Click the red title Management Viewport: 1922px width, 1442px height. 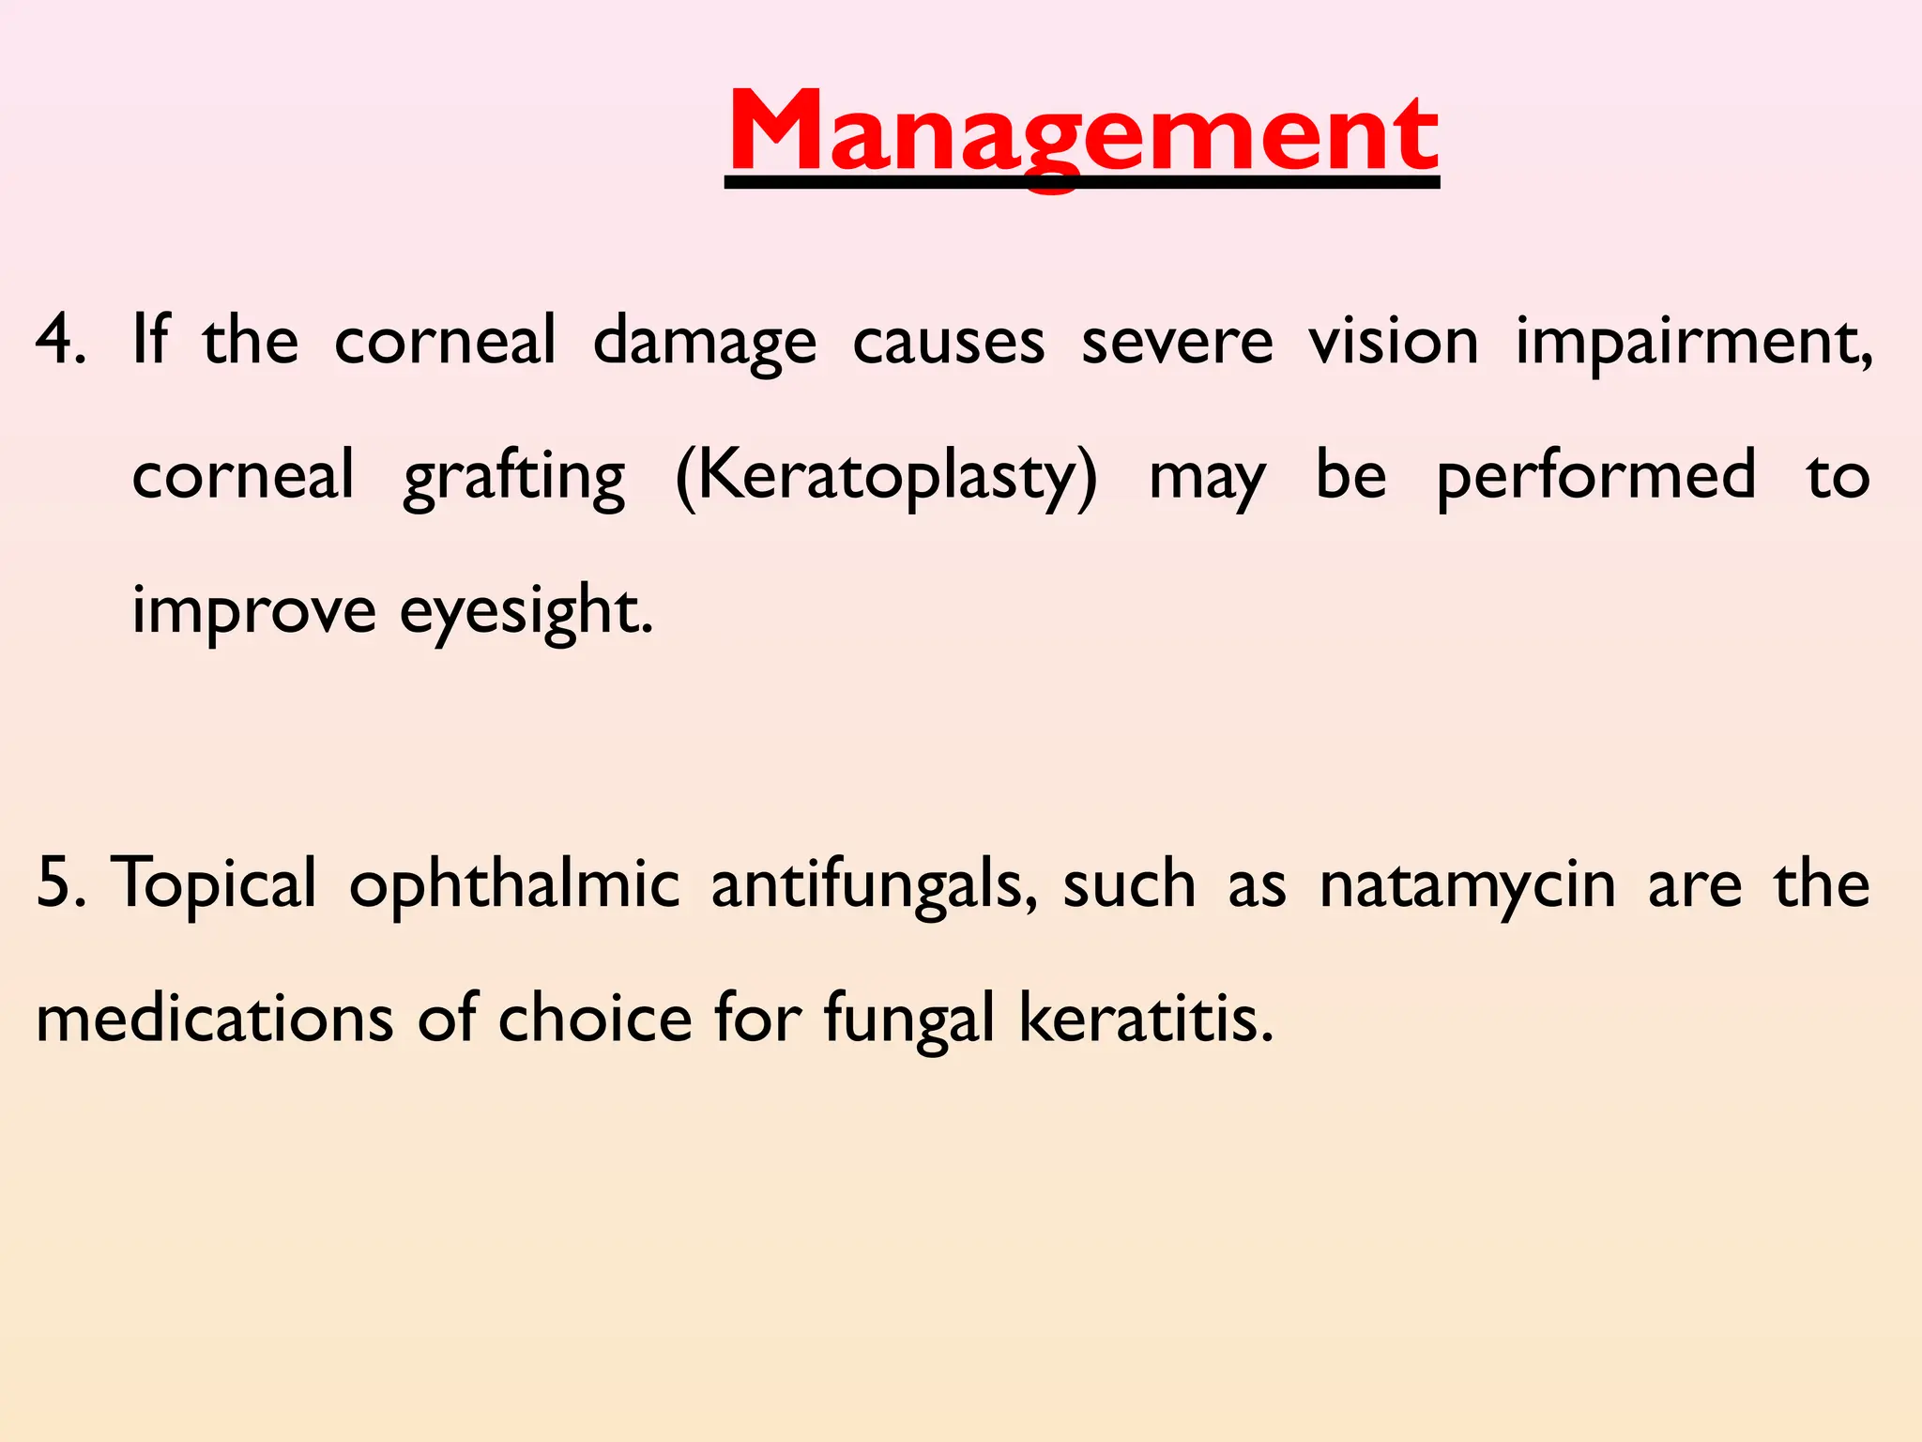[x=1082, y=133]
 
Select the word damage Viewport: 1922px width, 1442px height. [x=704, y=343]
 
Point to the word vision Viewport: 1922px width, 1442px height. [x=1394, y=339]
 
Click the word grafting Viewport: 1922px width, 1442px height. [x=513, y=477]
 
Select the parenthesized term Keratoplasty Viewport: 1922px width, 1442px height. [x=886, y=477]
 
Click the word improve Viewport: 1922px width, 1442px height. [x=253, y=612]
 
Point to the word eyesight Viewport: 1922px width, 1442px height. [x=526, y=612]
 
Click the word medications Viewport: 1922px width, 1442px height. [x=214, y=1019]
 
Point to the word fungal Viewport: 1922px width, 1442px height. [x=908, y=1020]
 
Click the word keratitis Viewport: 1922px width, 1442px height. [x=1146, y=1019]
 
